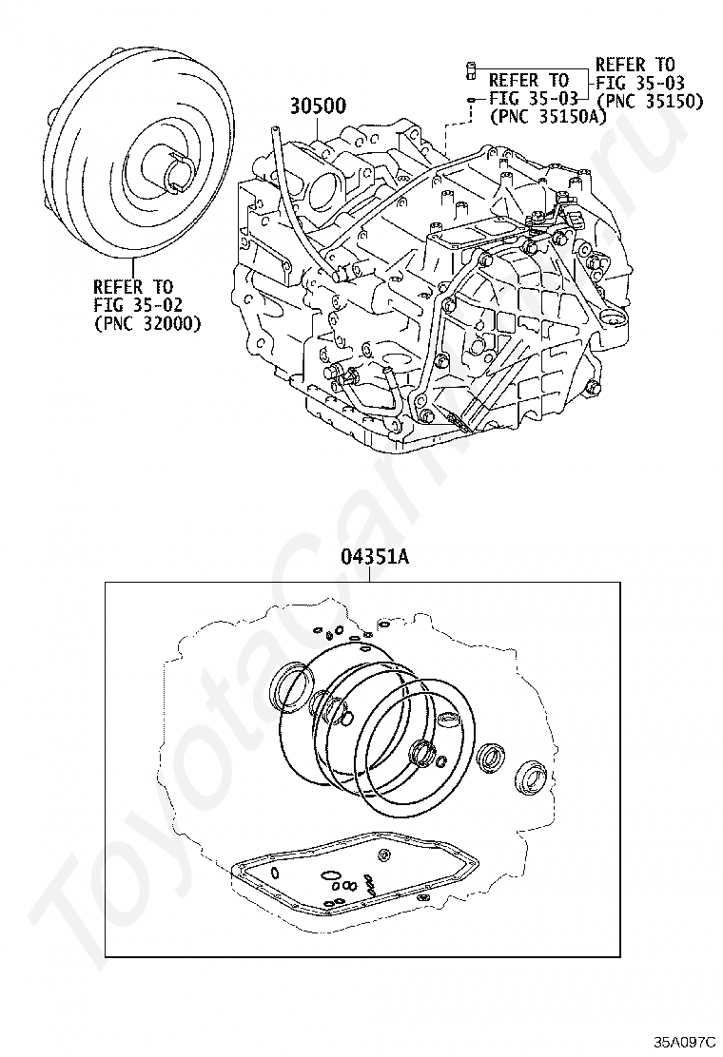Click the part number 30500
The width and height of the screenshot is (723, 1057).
319,106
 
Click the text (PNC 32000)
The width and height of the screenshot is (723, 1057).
147,324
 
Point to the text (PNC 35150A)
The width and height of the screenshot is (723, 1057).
548,117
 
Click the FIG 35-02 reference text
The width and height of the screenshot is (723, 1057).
138,305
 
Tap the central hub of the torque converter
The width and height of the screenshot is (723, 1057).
173,168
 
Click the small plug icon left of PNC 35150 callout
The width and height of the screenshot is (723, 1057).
472,69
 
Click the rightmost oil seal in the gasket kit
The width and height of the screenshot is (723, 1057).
530,778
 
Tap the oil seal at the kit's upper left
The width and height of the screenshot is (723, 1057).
290,686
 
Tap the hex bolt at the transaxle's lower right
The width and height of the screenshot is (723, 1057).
593,387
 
